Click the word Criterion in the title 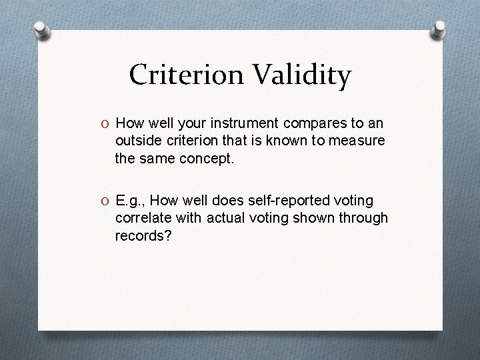pos(187,75)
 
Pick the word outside pos(137,141)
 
